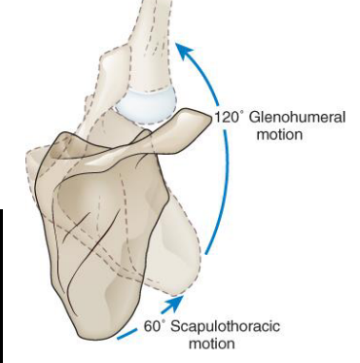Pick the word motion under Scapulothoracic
pos(214,344)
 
